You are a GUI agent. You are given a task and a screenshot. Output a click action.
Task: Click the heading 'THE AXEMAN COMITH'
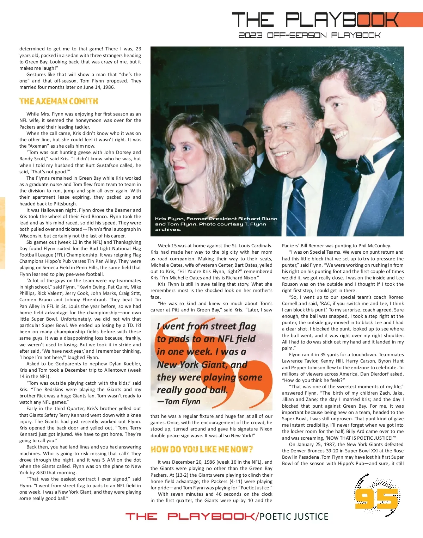point(59,101)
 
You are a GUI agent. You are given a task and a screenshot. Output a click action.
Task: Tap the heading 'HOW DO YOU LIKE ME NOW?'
point(202,450)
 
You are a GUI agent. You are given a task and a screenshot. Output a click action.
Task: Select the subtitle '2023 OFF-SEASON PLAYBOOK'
point(309,35)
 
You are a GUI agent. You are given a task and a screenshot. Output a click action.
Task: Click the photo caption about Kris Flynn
point(216,224)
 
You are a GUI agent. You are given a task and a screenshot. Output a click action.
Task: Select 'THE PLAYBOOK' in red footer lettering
point(191,517)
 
